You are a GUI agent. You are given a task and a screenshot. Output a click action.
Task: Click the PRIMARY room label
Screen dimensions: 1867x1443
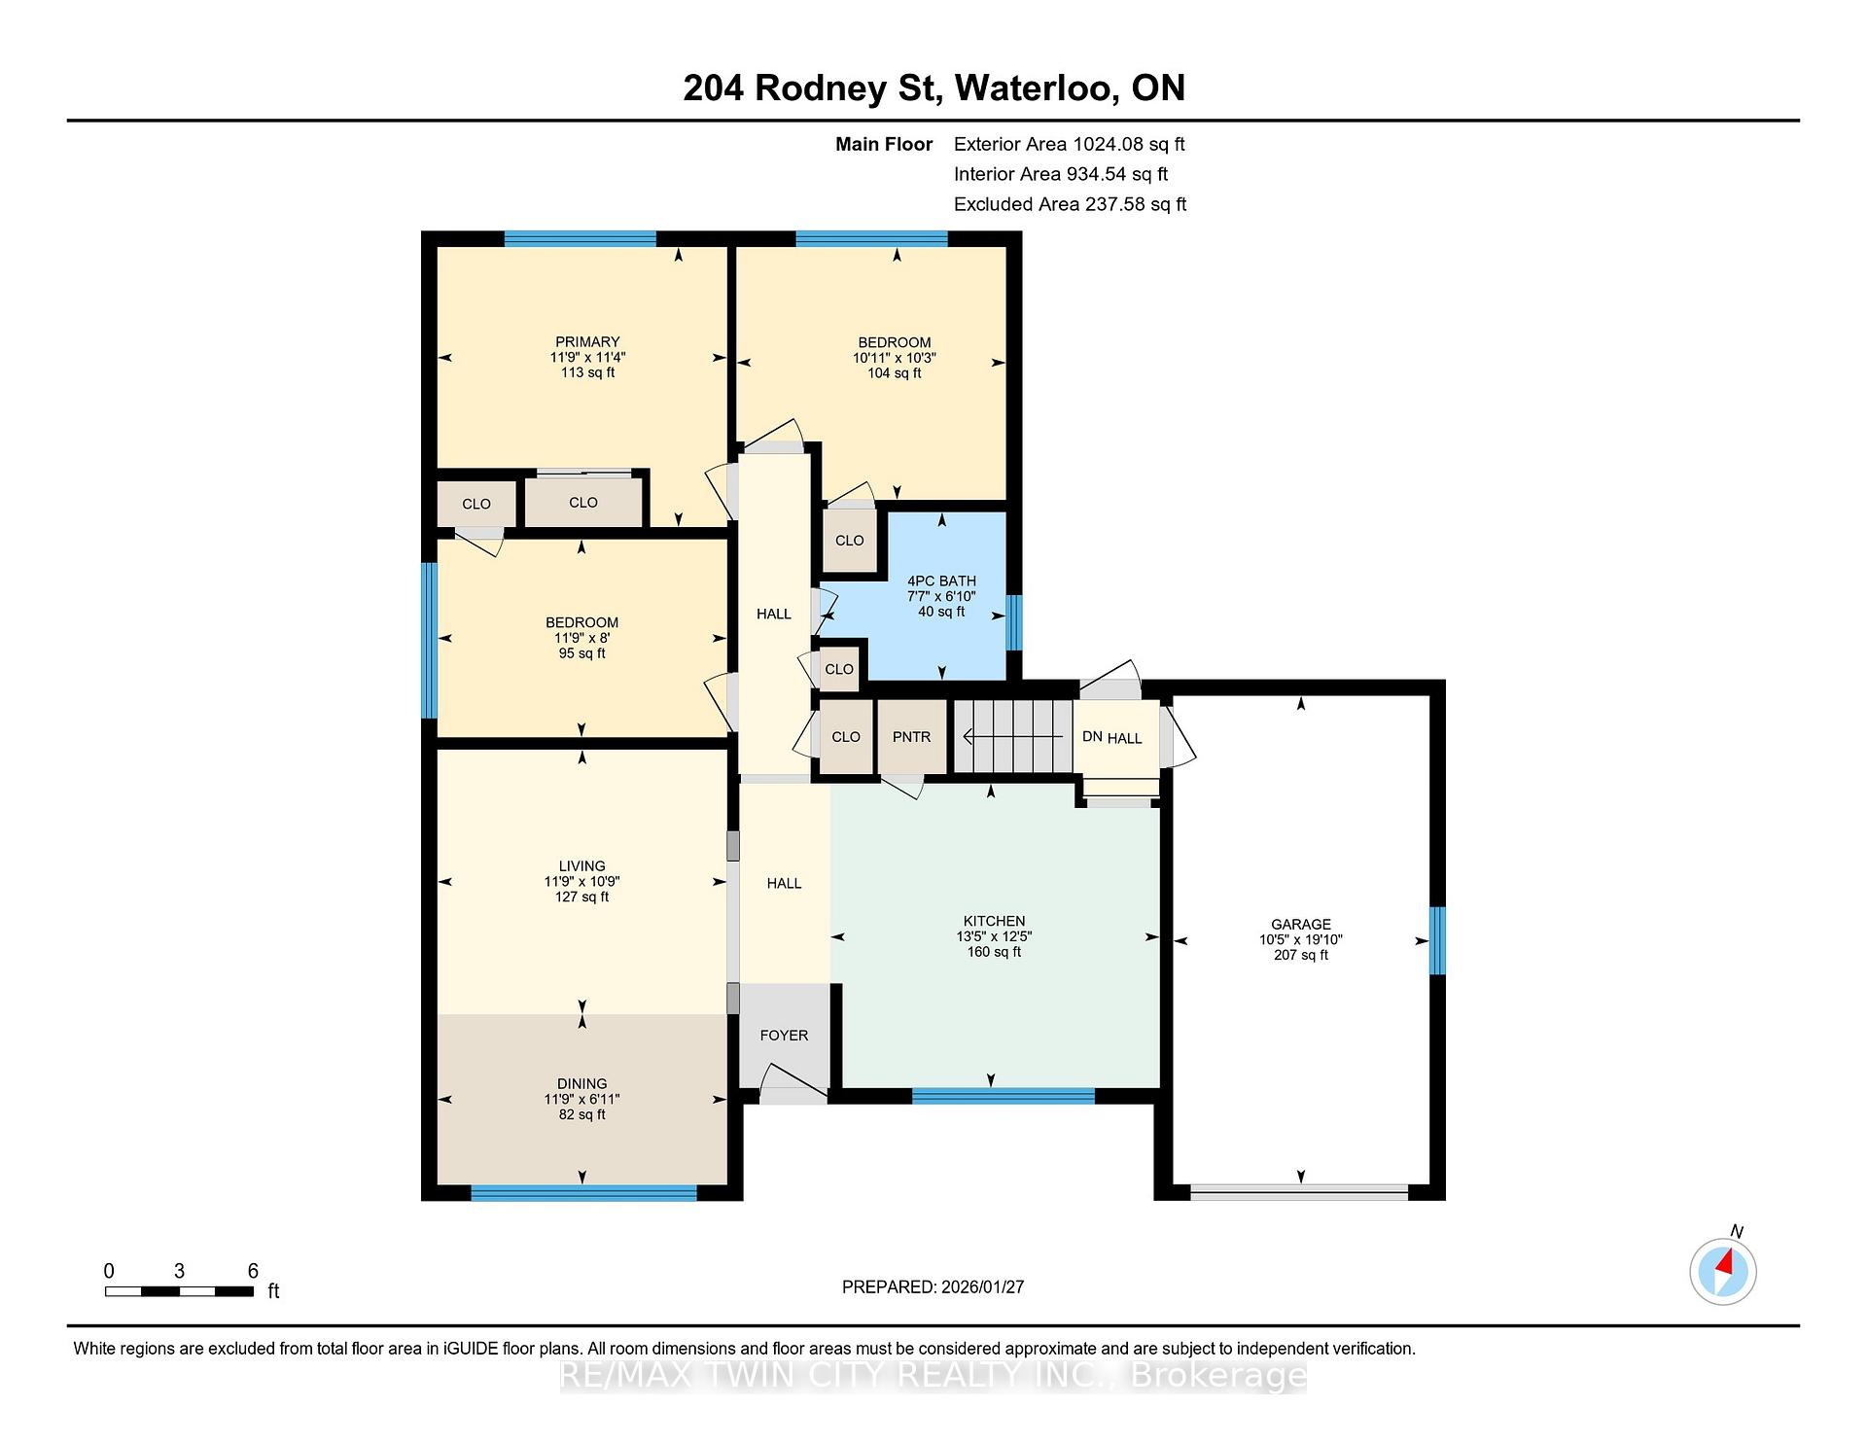587,341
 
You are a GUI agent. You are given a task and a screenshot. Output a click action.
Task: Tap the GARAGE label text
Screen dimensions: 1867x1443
1301,924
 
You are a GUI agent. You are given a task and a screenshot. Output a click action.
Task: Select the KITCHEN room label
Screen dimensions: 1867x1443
994,921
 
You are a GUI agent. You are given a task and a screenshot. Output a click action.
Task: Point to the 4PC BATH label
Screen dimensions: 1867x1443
941,581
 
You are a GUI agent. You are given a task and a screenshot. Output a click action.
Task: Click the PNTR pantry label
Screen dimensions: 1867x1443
911,737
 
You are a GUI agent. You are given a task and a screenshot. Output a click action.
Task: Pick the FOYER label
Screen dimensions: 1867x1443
784,1036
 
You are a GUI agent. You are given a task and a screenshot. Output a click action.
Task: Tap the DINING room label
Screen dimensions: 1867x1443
582,1083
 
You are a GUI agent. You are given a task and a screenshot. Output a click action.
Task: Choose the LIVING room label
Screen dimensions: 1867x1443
582,865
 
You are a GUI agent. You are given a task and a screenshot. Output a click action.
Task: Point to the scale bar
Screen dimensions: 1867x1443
180,1291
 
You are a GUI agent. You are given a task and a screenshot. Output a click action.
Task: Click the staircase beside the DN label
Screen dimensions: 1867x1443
1012,736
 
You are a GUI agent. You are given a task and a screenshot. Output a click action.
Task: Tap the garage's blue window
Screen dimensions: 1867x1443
1437,940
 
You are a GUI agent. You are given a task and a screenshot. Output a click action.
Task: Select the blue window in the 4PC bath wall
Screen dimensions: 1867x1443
1014,622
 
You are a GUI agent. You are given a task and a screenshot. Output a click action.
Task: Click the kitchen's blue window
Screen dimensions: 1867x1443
1004,1096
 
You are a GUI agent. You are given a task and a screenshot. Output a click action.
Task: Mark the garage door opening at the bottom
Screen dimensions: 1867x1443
1300,1192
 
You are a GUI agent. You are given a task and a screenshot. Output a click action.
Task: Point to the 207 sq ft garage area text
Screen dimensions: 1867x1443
1301,955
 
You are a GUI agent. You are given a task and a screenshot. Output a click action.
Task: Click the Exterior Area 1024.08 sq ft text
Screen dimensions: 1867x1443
1070,144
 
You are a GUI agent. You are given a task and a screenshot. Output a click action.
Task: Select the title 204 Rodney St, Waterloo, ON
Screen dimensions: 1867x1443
934,88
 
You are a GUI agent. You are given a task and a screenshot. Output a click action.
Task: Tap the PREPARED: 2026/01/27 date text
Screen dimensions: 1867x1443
933,1286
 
